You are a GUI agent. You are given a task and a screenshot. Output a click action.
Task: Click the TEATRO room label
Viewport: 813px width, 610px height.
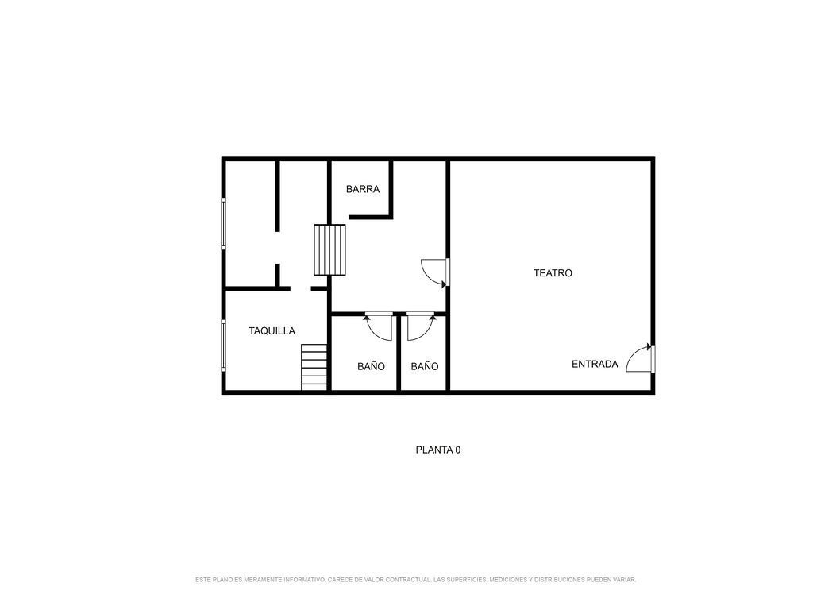553,273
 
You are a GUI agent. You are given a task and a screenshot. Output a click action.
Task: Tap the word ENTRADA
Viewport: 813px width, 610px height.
595,364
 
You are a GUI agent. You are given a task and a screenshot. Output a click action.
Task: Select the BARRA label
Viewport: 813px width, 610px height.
363,189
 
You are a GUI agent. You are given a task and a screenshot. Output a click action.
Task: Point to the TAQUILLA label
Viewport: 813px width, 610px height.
272,331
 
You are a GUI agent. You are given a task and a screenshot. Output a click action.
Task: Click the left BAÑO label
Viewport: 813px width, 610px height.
372,366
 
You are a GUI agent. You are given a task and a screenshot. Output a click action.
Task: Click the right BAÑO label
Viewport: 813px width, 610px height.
425,366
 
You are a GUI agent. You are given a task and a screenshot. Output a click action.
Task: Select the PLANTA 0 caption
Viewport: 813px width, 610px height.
438,450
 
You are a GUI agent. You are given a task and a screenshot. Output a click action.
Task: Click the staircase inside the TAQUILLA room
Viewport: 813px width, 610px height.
314,367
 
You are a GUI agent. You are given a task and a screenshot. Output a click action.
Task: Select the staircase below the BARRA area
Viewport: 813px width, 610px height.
329,250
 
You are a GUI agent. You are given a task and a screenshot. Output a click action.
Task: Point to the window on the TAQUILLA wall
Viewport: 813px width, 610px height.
223,346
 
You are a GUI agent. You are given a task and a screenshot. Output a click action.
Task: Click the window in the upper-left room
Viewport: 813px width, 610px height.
223,223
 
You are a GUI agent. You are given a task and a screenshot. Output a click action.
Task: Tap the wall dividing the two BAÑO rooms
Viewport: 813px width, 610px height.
399,353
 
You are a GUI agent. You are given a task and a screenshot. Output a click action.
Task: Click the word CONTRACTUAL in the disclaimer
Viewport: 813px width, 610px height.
406,579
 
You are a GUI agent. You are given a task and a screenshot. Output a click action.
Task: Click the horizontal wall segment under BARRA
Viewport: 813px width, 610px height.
371,217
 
